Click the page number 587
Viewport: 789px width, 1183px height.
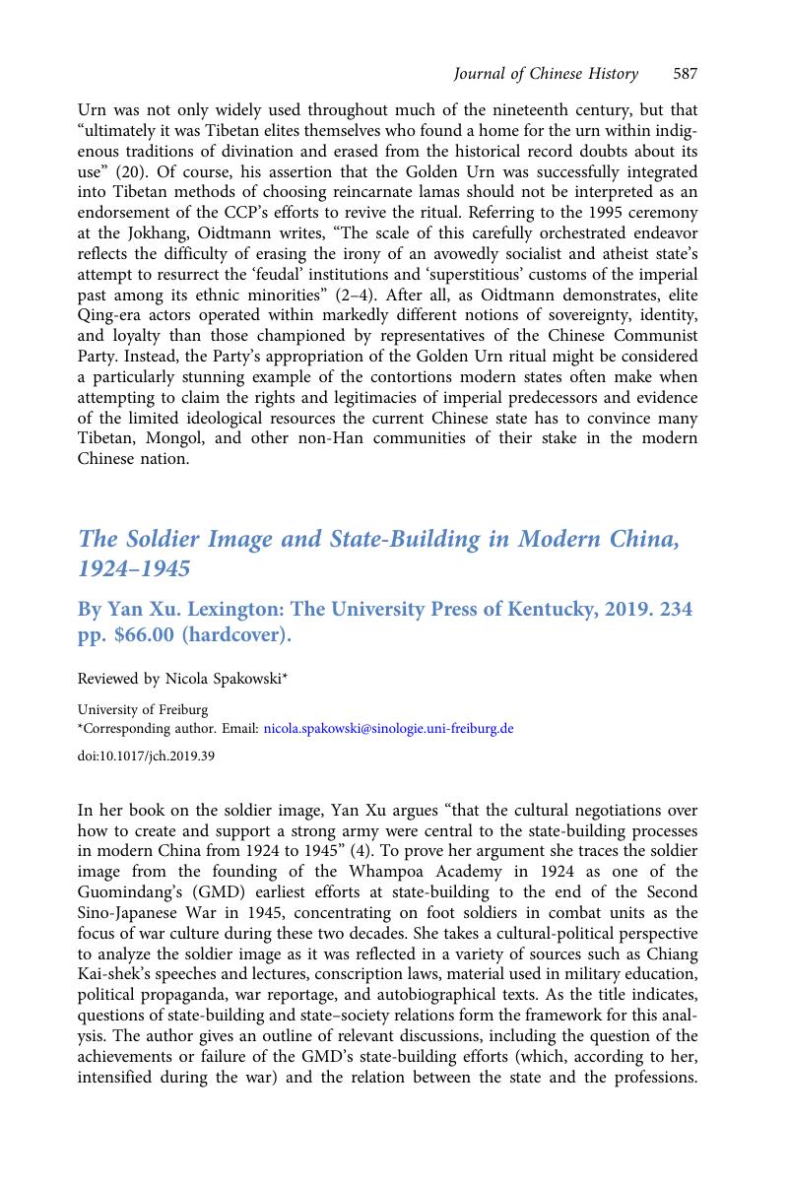pos(686,74)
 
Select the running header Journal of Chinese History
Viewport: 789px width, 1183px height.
pos(546,74)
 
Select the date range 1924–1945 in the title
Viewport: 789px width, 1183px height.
pos(134,569)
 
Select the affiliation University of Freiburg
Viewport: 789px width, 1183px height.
pos(142,709)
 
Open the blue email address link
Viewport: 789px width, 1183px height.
pos(388,729)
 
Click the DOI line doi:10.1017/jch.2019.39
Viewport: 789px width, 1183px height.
pos(145,756)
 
